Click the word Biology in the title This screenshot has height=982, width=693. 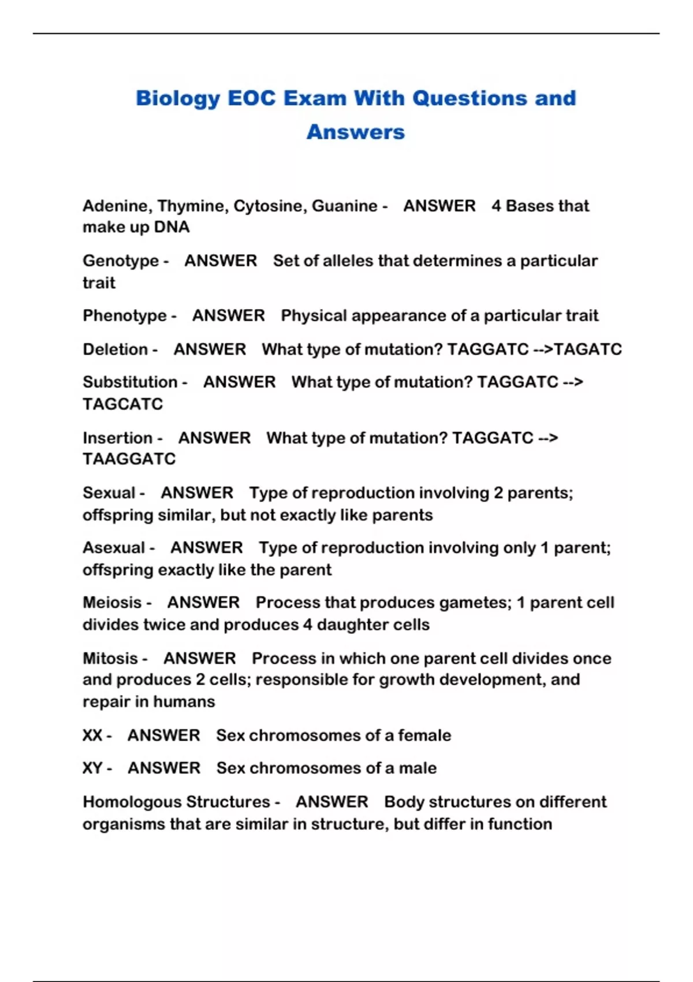pos(178,99)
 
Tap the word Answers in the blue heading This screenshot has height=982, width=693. pos(356,132)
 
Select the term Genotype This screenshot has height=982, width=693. pos(121,261)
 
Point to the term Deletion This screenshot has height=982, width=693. pos(115,349)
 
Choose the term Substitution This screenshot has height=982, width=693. pos(130,382)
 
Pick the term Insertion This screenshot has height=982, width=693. pos(117,438)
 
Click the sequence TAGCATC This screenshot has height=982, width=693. pos(123,404)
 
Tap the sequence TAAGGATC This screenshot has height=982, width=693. pos(129,459)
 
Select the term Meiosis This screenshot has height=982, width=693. pos(112,602)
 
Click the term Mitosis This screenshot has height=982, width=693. pos(110,659)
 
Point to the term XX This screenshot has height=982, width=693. pos(92,735)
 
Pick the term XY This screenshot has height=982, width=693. pos(92,768)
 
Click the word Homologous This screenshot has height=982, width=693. pos(132,802)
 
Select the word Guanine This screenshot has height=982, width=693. pos(345,206)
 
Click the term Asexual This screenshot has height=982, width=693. pos(114,548)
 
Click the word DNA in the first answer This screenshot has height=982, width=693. pos(172,227)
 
